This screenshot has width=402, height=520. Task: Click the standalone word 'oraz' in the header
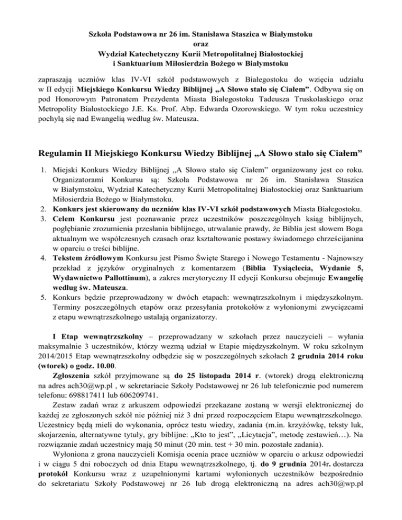[x=200, y=44]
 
